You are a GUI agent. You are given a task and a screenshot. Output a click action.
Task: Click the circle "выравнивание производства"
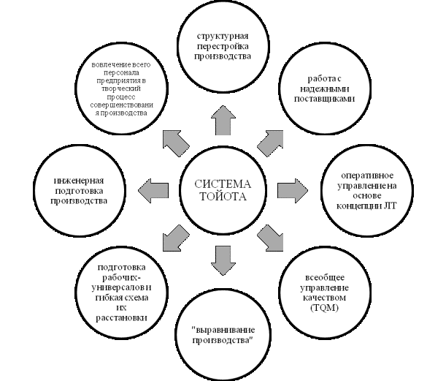[223, 336]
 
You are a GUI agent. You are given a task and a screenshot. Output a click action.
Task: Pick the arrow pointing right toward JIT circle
[291, 189]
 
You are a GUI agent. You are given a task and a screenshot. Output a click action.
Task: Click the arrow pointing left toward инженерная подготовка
[153, 189]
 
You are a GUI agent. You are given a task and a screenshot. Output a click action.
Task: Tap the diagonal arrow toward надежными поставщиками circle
[271, 140]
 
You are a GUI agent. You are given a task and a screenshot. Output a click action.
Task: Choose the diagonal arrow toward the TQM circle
[271, 238]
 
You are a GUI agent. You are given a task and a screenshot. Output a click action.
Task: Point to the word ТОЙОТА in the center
[222, 197]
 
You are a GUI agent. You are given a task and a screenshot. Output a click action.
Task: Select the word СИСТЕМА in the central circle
[222, 183]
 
